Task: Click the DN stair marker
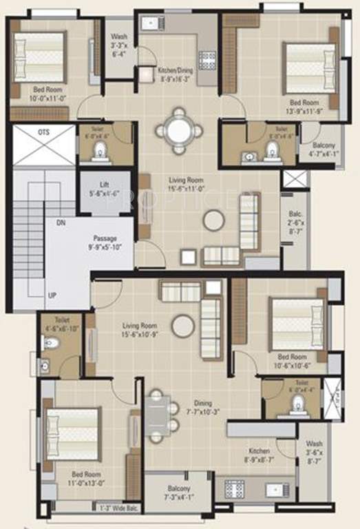(x=62, y=224)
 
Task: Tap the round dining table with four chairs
(x=179, y=129)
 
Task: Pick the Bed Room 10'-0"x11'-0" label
(x=47, y=94)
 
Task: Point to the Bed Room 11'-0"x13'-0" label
(x=87, y=478)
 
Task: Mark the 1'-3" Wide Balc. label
(x=115, y=509)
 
